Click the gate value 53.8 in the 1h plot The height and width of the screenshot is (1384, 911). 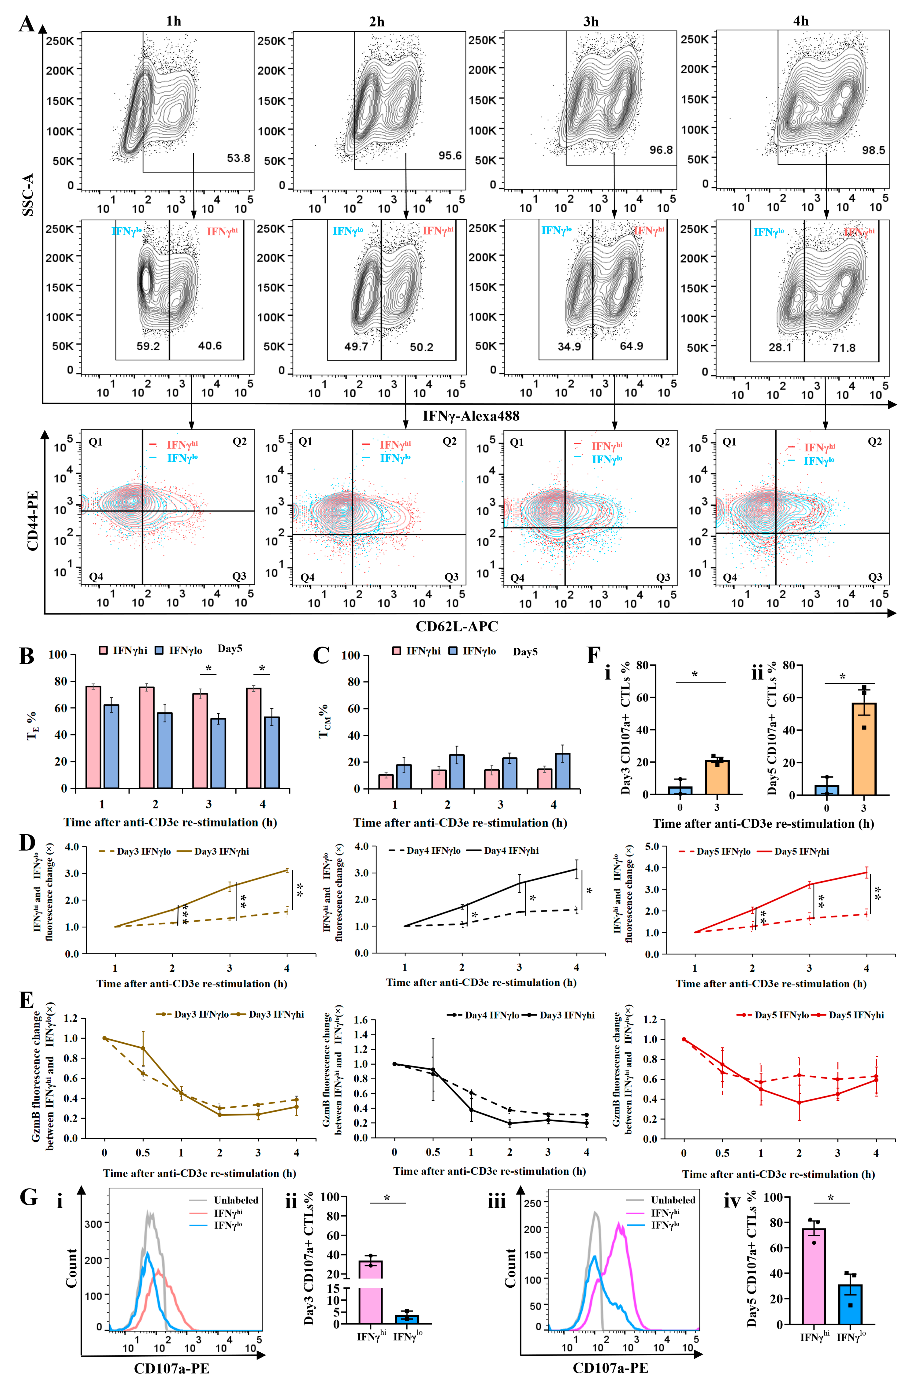pyautogui.click(x=238, y=158)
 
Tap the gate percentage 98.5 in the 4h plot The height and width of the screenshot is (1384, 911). pyautogui.click(x=873, y=151)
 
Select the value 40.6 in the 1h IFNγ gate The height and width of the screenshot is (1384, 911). pyautogui.click(x=210, y=346)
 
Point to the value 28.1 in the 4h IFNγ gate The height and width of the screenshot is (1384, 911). pyautogui.click(x=780, y=348)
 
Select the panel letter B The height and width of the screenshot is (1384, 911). pyautogui.click(x=26, y=656)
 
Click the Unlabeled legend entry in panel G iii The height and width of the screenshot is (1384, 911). pyautogui.click(x=673, y=1200)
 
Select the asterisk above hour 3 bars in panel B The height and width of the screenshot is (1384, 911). pyautogui.click(x=208, y=669)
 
